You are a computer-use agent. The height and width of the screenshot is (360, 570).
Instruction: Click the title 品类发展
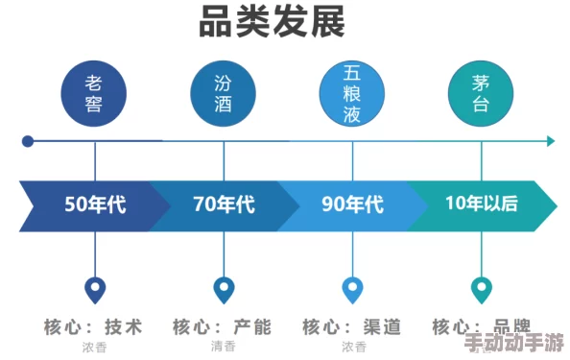pyautogui.click(x=272, y=23)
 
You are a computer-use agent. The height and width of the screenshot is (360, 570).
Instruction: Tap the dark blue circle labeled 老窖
pyautogui.click(x=95, y=92)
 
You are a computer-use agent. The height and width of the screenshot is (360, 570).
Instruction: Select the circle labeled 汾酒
pyautogui.click(x=224, y=92)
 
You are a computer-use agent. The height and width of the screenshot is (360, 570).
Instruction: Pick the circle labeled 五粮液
pyautogui.click(x=352, y=92)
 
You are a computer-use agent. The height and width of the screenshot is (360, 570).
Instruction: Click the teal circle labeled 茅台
pyautogui.click(x=482, y=92)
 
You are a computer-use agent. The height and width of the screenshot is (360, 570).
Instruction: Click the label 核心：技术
pyautogui.click(x=93, y=327)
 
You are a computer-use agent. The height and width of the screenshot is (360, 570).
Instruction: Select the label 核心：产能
pyautogui.click(x=223, y=327)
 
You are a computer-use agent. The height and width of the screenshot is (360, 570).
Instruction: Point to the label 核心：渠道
pyautogui.click(x=351, y=327)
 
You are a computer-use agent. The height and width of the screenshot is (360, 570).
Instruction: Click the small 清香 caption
pyautogui.click(x=224, y=347)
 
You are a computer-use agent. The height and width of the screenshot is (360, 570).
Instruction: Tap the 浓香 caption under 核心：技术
pyautogui.click(x=95, y=347)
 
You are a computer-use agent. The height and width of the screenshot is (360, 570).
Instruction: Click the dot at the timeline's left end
pyautogui.click(x=28, y=141)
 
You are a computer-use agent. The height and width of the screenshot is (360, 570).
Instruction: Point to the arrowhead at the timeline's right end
pyautogui.click(x=551, y=141)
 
